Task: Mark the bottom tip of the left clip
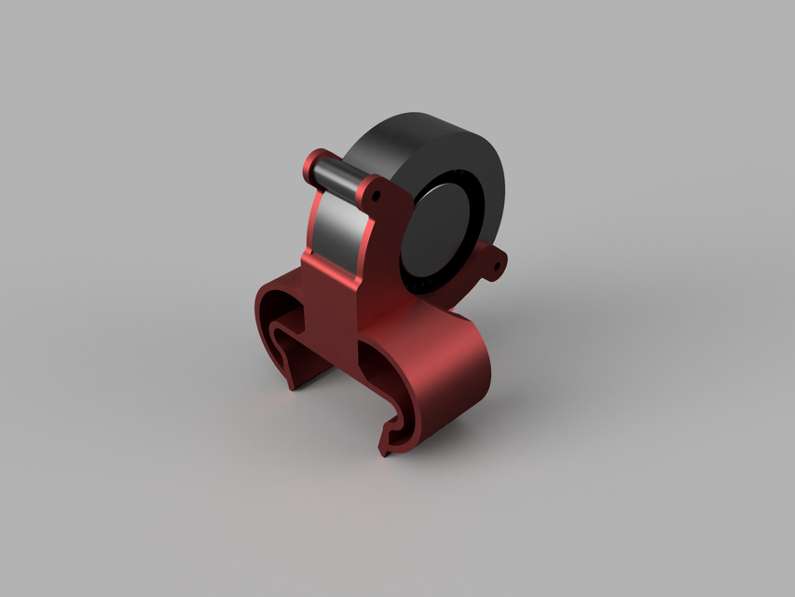tap(292, 383)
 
